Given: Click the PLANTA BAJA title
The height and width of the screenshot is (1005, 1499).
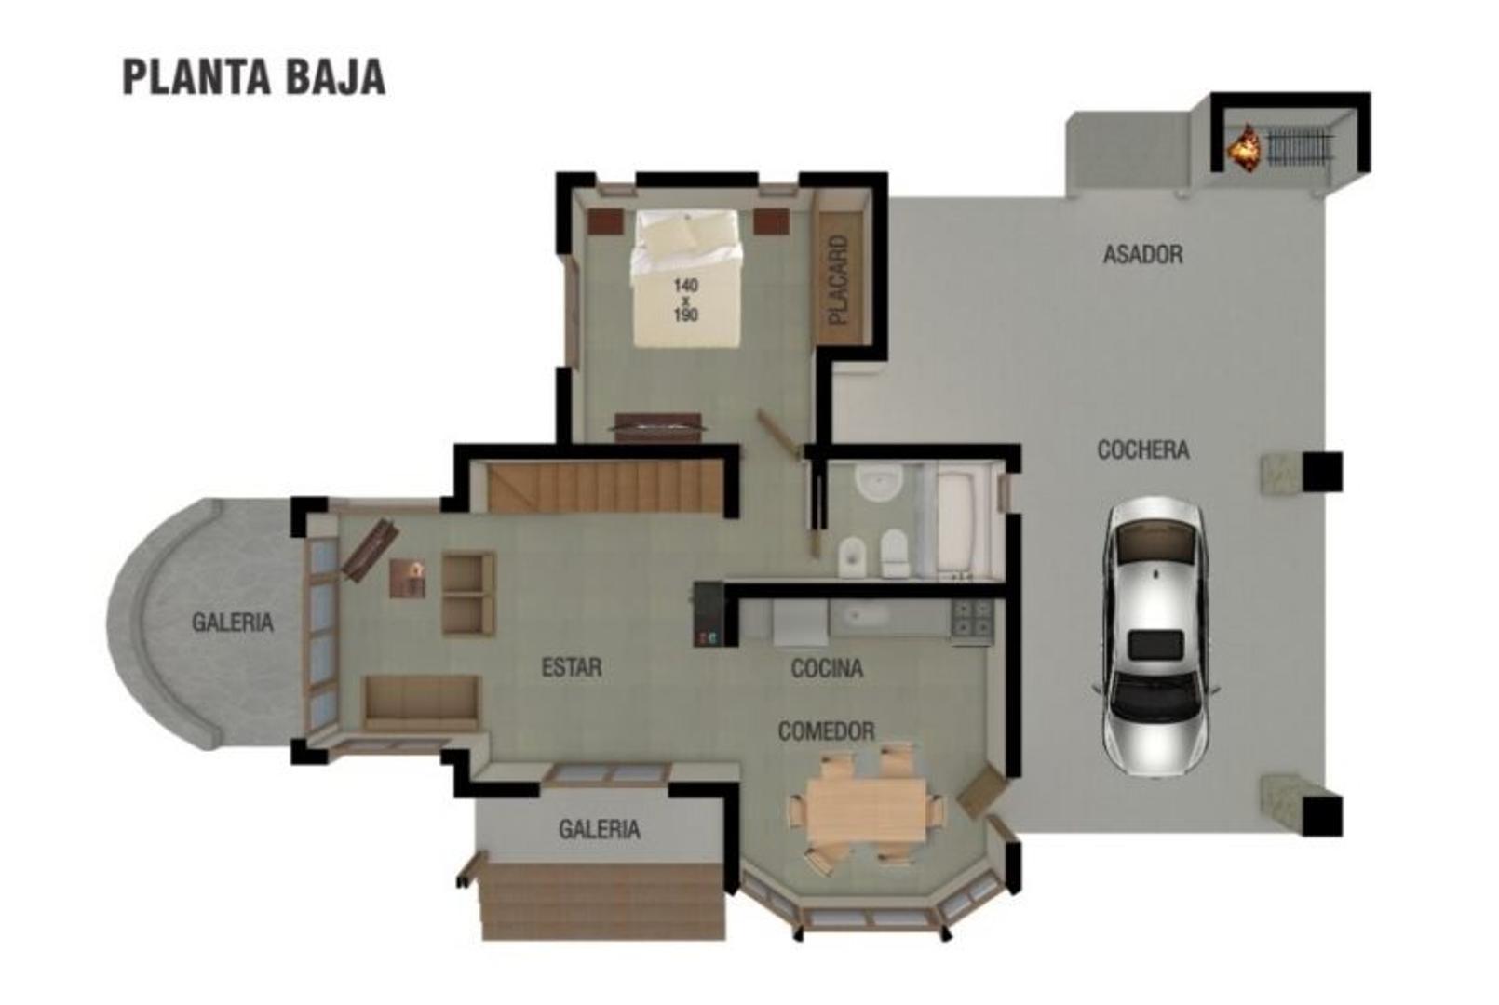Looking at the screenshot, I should coord(253,78).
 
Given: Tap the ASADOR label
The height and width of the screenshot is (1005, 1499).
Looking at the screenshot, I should coord(1142,254).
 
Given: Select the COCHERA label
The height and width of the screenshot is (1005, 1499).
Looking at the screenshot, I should coord(1142,450).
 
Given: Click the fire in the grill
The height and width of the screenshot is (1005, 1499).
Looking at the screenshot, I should coord(1243,147).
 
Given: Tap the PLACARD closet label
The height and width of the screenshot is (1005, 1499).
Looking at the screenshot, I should coord(840,279).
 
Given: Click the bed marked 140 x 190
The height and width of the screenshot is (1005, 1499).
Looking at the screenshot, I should coord(686,279).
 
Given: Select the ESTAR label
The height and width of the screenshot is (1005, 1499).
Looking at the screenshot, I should coord(571,667).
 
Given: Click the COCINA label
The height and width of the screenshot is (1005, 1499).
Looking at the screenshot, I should coord(827,668).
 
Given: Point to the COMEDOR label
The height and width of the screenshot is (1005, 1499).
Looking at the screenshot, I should coord(826,731).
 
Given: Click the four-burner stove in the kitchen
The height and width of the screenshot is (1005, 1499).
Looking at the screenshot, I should coord(971,618).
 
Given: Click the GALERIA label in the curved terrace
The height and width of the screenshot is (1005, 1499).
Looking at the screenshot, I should coord(233,622).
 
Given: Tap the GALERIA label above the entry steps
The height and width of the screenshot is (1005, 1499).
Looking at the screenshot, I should coord(599,828).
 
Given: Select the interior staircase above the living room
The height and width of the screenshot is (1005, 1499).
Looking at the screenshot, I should coord(605,487).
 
